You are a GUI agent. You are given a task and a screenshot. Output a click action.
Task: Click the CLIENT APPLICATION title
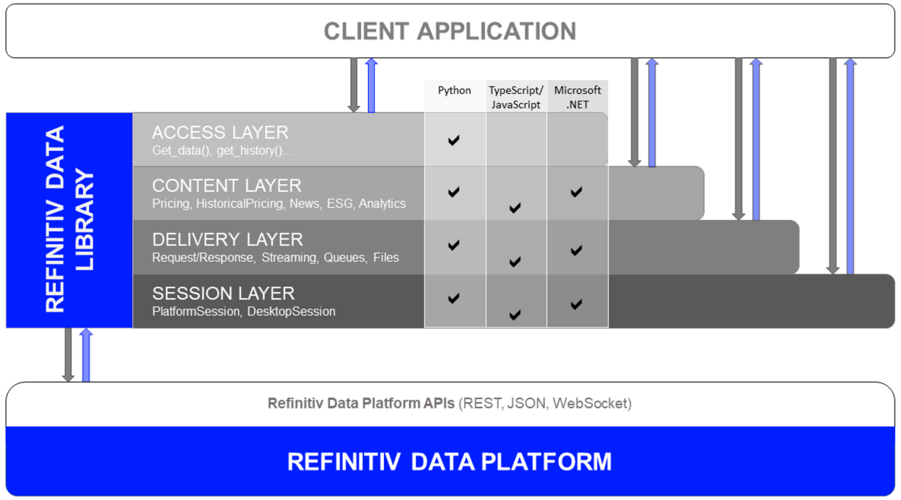(450, 31)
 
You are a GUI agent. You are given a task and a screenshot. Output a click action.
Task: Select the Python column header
(454, 90)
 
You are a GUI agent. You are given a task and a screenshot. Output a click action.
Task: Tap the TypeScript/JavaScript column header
(515, 97)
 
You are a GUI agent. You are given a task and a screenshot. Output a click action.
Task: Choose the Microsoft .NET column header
(578, 97)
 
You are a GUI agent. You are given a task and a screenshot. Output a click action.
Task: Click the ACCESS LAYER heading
(220, 133)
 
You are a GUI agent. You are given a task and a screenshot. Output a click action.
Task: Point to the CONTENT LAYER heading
(227, 185)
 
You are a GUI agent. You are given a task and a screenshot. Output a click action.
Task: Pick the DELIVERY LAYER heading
(227, 240)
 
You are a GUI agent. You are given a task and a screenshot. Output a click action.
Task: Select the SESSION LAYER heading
(223, 294)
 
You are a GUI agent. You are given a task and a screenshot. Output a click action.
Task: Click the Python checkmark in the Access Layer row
(453, 140)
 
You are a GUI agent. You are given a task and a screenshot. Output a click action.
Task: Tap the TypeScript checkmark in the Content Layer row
(515, 208)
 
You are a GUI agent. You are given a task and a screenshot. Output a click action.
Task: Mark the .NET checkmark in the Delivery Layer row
(576, 250)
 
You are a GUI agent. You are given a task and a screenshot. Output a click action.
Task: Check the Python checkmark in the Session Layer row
(453, 298)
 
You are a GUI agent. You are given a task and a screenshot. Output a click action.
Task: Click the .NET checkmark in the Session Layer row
(576, 304)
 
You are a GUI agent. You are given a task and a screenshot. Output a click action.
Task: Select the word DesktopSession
(292, 312)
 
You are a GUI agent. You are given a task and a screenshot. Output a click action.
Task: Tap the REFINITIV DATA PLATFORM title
(449, 462)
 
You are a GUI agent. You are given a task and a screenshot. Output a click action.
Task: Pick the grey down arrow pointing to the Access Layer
(354, 85)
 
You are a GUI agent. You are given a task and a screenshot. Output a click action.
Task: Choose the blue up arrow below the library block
(86, 355)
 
